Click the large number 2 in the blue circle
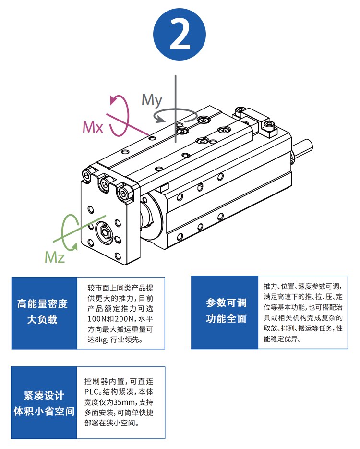180,35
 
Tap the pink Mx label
93,127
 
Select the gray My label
152,100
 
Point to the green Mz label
54,256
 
